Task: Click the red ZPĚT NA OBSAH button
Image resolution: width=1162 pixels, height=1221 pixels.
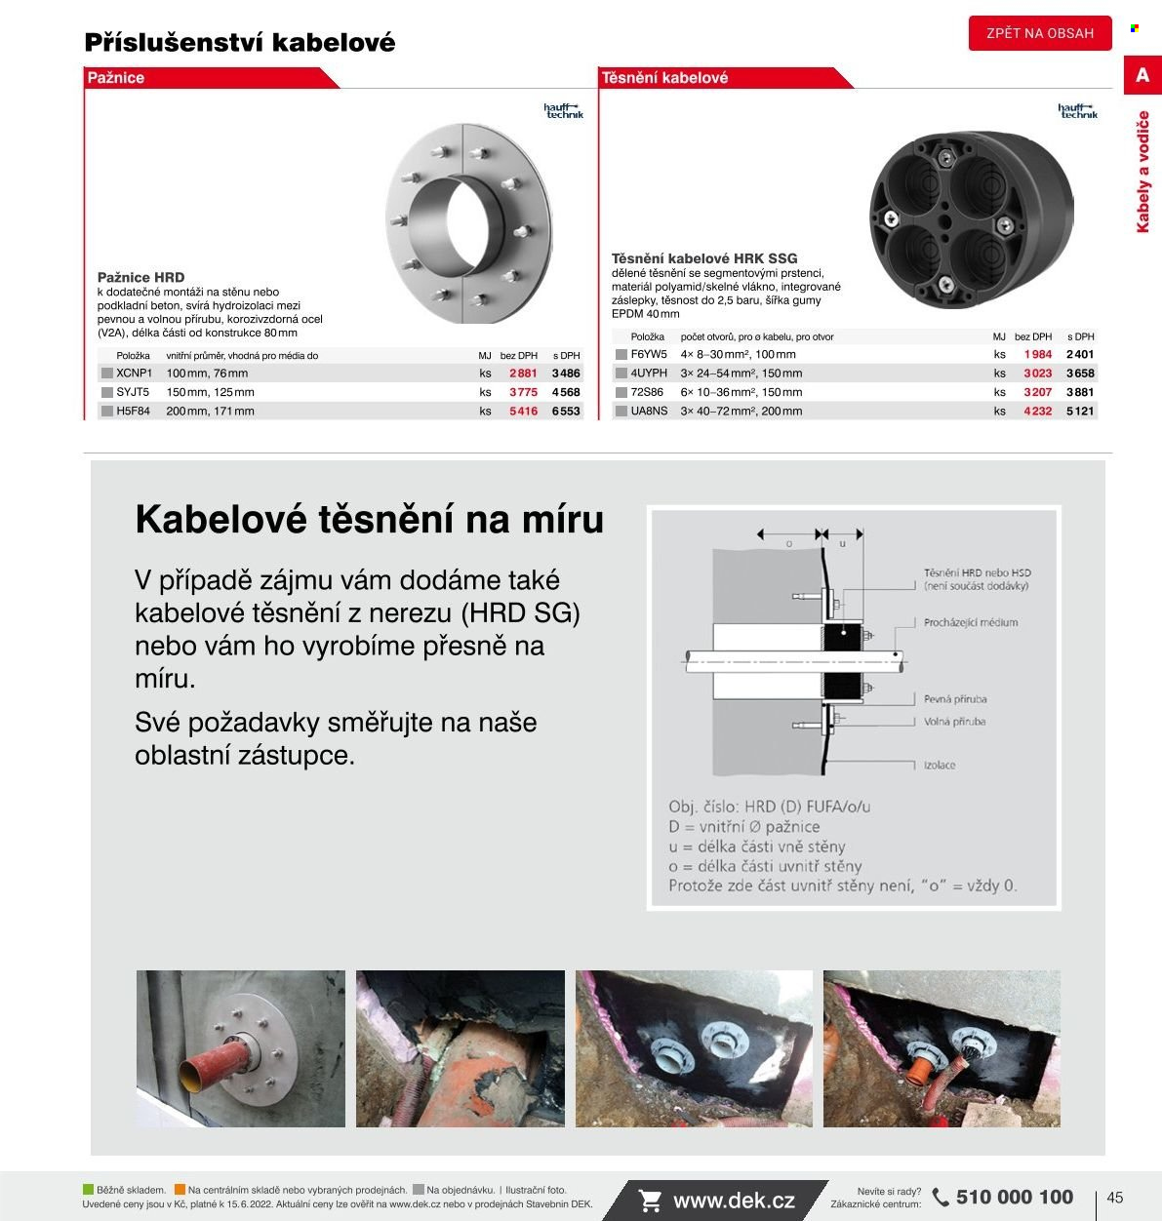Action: click(1040, 33)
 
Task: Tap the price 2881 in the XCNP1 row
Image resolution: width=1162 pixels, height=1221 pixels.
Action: click(523, 374)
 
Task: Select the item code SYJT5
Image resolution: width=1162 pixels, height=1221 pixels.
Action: click(133, 392)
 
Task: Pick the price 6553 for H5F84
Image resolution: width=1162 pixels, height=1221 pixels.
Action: click(566, 412)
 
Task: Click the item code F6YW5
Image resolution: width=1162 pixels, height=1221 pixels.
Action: click(648, 354)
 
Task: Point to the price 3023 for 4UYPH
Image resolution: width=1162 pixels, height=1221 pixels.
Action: click(1038, 374)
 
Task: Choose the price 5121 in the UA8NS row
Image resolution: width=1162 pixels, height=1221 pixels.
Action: click(1080, 412)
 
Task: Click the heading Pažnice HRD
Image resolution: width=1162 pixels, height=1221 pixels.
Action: click(141, 277)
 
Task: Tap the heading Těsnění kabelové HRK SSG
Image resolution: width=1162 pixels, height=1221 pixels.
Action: click(704, 258)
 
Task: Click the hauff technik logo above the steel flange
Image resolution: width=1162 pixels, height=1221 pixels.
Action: click(564, 111)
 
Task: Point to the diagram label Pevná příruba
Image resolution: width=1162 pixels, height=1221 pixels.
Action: click(955, 699)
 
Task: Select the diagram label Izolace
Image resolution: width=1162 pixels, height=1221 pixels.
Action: click(939, 766)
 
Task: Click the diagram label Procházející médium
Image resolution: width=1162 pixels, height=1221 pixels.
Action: click(971, 622)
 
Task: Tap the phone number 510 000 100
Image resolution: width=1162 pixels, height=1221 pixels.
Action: click(1014, 1197)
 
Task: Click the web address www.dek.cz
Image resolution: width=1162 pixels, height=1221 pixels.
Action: click(734, 1201)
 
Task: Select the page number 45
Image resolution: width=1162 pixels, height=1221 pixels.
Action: click(1115, 1198)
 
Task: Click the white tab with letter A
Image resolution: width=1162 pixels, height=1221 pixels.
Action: click(1142, 75)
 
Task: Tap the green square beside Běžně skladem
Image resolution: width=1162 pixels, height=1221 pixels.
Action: click(88, 1190)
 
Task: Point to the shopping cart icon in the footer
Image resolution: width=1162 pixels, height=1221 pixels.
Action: click(650, 1201)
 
